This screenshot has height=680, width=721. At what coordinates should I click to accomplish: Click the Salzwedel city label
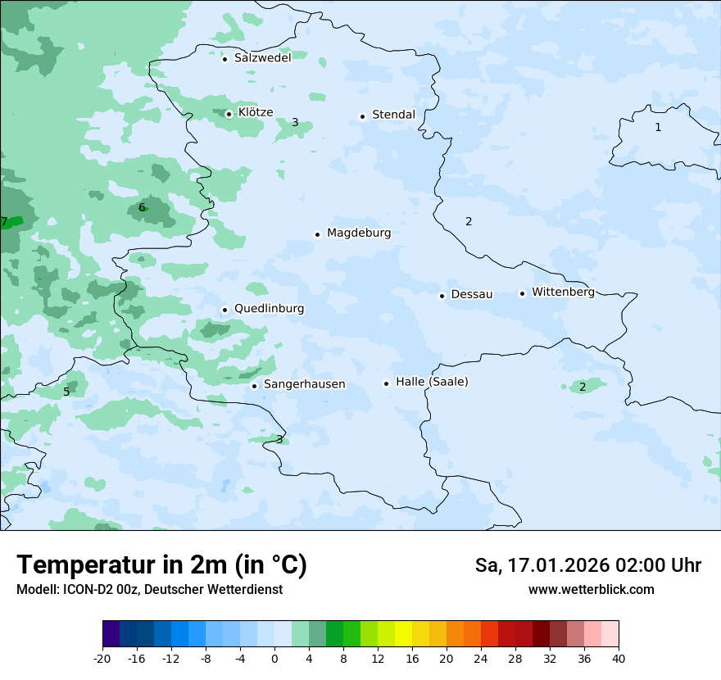(262, 58)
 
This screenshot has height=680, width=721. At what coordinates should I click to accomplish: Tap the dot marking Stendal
(362, 116)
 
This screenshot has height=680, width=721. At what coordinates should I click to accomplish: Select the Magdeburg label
(359, 233)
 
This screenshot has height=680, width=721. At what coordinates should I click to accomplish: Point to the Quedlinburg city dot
(224, 310)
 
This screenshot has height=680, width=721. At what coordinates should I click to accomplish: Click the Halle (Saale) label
(432, 383)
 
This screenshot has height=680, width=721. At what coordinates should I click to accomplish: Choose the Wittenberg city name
(563, 292)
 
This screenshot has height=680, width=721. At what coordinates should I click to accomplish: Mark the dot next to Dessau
(442, 296)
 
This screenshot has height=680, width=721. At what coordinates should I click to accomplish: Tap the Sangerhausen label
(304, 384)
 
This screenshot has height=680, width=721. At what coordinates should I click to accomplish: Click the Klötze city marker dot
(229, 114)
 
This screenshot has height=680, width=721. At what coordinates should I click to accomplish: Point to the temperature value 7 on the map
(4, 222)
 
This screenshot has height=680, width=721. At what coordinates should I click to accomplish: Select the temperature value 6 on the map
(142, 208)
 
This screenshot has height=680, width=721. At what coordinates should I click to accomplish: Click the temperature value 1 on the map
(658, 128)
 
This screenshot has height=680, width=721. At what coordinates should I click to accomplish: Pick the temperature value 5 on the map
(66, 392)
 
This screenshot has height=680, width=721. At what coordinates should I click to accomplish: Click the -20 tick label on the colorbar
(102, 659)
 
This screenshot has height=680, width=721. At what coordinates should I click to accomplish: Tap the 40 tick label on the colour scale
(619, 659)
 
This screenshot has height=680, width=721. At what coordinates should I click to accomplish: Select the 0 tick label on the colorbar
(274, 659)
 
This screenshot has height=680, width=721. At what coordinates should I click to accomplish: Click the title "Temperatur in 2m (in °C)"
(161, 565)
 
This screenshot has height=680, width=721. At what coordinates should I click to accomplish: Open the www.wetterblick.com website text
(591, 590)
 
